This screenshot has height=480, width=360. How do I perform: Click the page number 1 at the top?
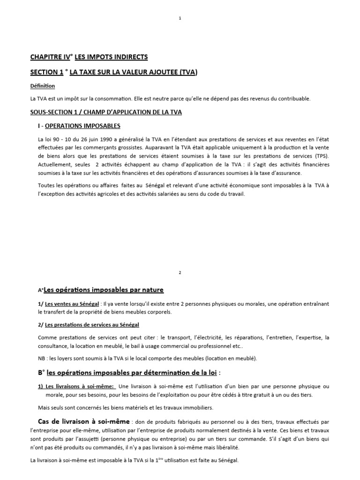180,18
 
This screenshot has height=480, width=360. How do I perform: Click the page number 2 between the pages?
180,272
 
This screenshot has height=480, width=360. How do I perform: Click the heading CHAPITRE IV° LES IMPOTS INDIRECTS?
89,57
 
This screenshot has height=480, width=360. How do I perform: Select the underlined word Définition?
42,86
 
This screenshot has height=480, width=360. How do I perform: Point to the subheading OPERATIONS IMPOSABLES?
83,126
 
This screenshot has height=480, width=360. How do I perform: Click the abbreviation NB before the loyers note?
42,359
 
